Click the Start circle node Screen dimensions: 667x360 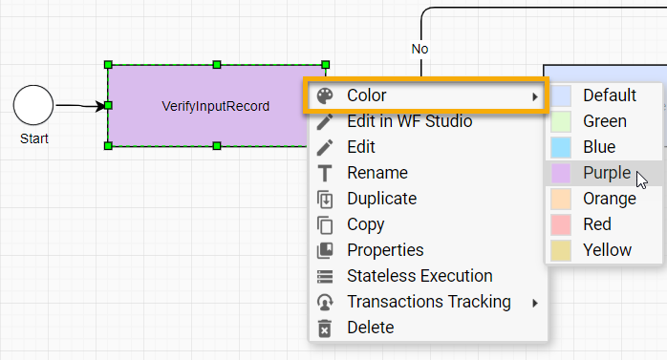click(33, 105)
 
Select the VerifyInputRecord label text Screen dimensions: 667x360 click(216, 106)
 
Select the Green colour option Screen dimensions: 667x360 click(604, 121)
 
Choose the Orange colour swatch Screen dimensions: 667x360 click(561, 199)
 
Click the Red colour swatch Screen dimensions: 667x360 click(561, 224)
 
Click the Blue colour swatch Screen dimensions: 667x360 click(561, 147)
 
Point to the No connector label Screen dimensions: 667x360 click(420, 49)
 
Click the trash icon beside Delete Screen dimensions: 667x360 click(325, 328)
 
